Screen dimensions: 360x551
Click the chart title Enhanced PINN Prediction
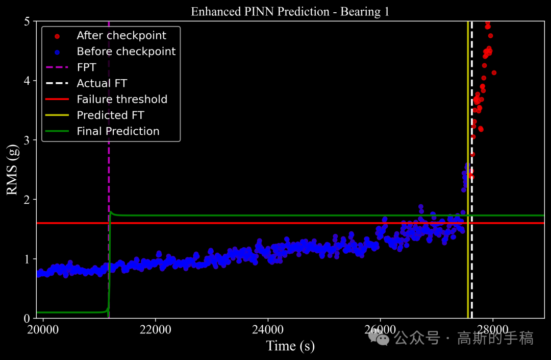290,11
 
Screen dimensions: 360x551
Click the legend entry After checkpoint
121,36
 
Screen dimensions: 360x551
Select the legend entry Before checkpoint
126,52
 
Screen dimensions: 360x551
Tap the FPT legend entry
86,67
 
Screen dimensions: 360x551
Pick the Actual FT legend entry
102,83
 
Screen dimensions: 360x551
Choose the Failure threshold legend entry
122,100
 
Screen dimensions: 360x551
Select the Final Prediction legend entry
118,131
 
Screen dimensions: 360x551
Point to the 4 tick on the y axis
29,81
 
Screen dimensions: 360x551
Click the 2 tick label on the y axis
29,199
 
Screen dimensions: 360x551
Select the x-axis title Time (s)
290,346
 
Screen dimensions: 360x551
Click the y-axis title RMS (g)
12,170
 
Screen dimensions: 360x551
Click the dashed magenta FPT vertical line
109,169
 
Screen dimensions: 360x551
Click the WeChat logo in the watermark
382,337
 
